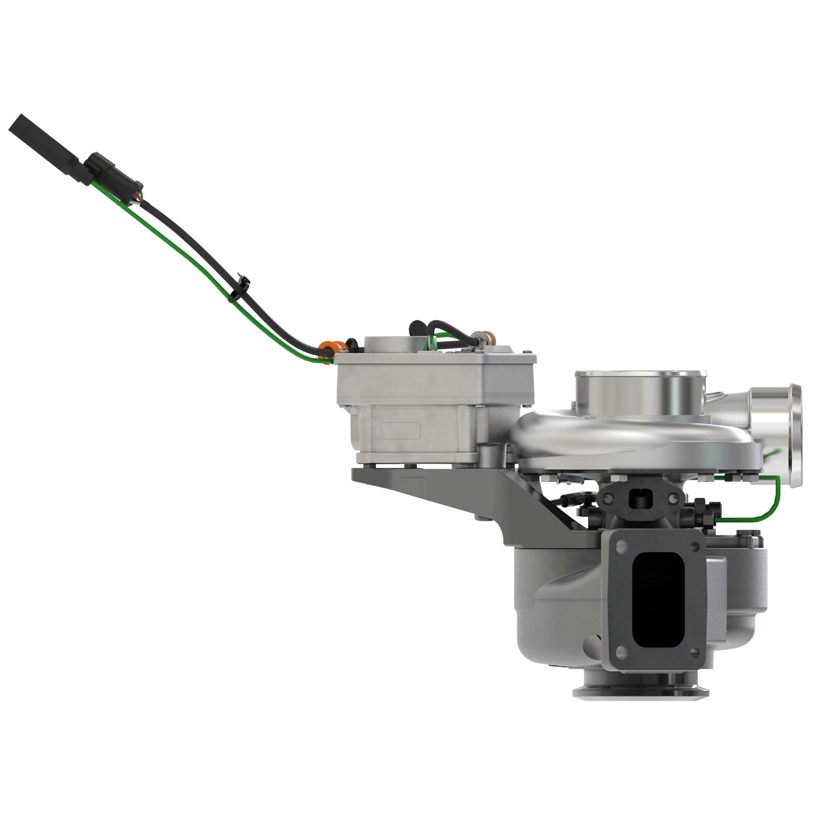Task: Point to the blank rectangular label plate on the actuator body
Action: pyautogui.click(x=400, y=431)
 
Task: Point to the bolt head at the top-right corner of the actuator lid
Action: pyautogui.click(x=527, y=352)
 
